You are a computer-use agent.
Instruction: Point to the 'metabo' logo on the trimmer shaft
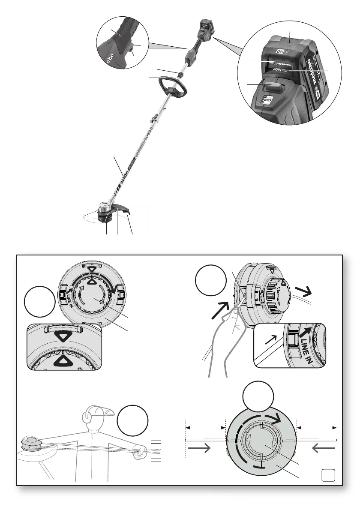coord(129,171)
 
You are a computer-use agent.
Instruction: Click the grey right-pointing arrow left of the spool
coord(199,448)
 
